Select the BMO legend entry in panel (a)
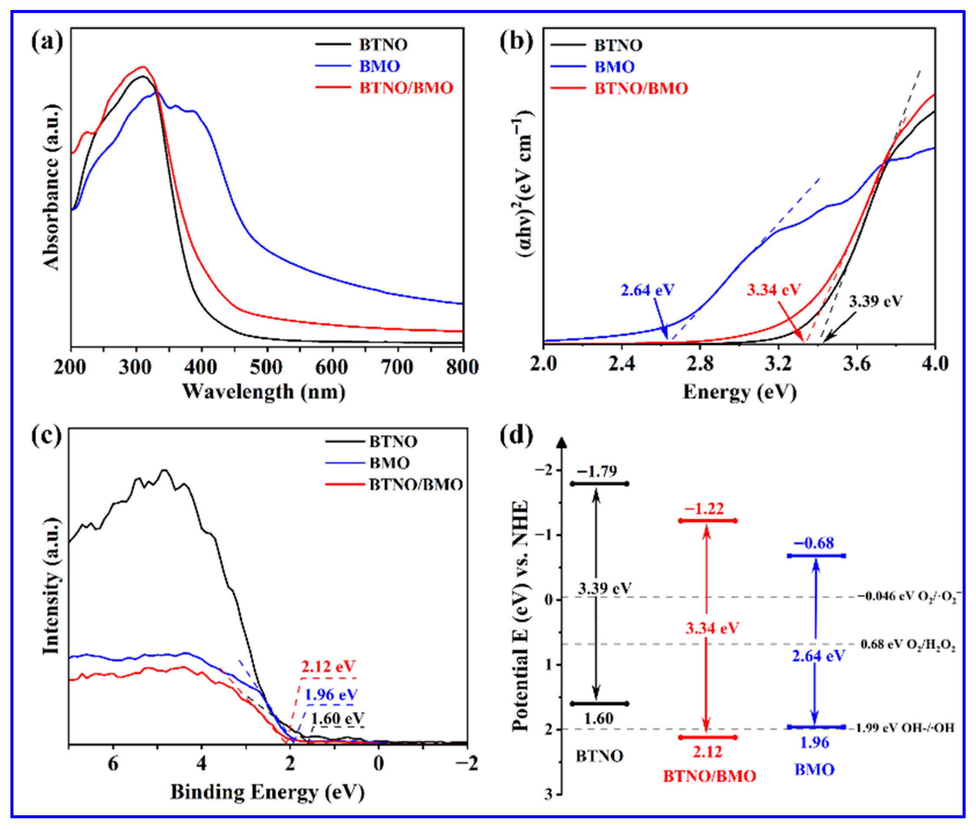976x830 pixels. [379, 66]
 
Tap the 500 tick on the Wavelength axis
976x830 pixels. [266, 367]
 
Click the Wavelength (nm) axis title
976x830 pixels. [263, 391]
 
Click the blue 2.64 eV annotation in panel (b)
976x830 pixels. [647, 290]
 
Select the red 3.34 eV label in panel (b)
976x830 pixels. [773, 289]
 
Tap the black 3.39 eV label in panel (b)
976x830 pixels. [875, 301]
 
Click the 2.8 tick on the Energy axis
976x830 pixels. [700, 364]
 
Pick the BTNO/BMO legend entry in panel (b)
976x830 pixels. [641, 88]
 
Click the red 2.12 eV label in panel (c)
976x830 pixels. [328, 666]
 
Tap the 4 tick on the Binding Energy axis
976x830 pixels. [201, 763]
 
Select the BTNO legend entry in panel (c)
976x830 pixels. [392, 441]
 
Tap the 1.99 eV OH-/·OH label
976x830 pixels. [904, 728]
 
